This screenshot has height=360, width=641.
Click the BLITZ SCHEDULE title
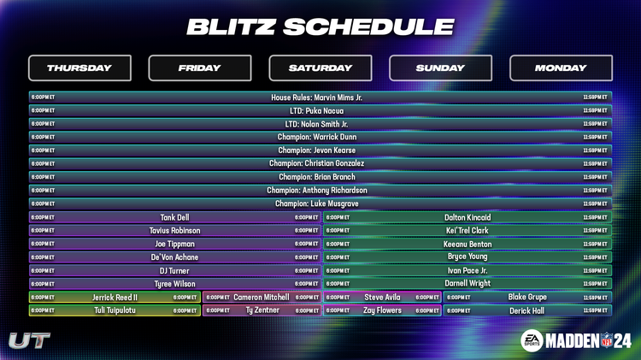[320, 27]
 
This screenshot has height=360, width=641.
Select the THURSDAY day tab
[79, 68]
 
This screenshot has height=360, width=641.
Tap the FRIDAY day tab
[200, 68]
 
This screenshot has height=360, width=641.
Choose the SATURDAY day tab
[320, 68]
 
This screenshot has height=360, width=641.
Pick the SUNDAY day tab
[440, 68]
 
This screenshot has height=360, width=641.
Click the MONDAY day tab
[561, 68]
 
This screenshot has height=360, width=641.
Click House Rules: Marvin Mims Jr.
[316, 97]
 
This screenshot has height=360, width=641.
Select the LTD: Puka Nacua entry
[316, 110]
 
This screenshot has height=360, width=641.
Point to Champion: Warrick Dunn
[316, 137]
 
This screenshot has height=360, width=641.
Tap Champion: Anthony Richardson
[316, 190]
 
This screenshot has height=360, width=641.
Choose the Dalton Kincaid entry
[468, 217]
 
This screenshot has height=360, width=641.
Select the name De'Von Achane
[174, 257]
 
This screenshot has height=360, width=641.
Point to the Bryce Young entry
[468, 257]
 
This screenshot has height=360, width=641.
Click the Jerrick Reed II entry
[115, 297]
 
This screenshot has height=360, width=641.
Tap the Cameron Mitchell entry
[261, 297]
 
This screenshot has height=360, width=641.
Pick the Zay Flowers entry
[382, 310]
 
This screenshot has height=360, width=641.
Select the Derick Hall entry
[526, 310]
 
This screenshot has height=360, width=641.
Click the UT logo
[29, 340]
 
